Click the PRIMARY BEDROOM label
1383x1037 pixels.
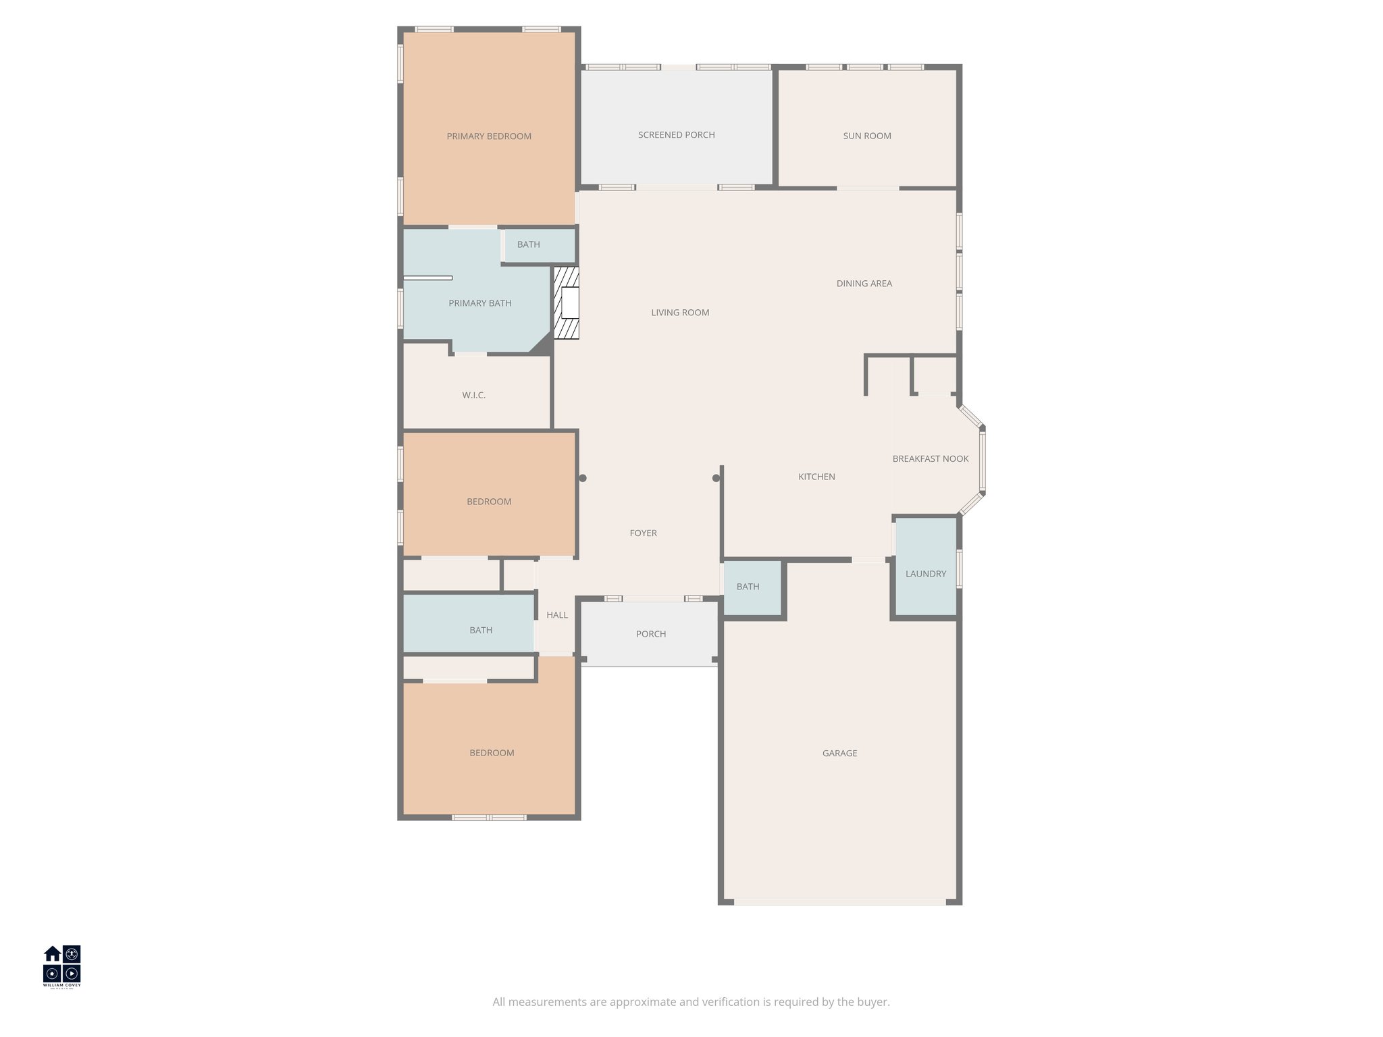(489, 136)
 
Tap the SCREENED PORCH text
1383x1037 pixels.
(676, 135)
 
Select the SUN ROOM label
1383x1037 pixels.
(866, 136)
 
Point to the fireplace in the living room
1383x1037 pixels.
(567, 303)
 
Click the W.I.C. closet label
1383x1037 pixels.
(473, 395)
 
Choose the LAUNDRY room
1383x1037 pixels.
(925, 573)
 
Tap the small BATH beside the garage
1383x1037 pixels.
(748, 587)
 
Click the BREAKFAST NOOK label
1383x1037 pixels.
(930, 458)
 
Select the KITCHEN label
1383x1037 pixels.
(816, 477)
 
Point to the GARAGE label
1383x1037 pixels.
(839, 753)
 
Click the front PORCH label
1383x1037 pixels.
(650, 634)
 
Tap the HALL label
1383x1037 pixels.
(557, 615)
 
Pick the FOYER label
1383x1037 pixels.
(643, 533)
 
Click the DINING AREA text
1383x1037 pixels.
(864, 284)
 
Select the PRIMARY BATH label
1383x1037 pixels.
(479, 303)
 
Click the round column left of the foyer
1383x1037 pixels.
(583, 478)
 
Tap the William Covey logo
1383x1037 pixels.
(62, 966)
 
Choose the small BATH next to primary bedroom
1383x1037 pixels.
(528, 244)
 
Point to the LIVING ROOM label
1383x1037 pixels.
(679, 313)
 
